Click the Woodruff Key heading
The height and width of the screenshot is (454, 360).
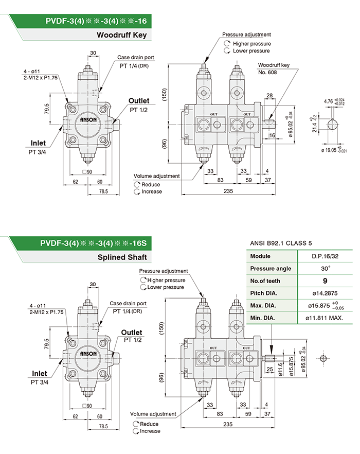[x=122, y=36]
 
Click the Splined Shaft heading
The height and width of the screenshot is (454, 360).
[x=121, y=257]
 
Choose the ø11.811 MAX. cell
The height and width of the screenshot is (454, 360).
[x=324, y=318]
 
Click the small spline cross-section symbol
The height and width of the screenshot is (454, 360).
[x=323, y=359]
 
